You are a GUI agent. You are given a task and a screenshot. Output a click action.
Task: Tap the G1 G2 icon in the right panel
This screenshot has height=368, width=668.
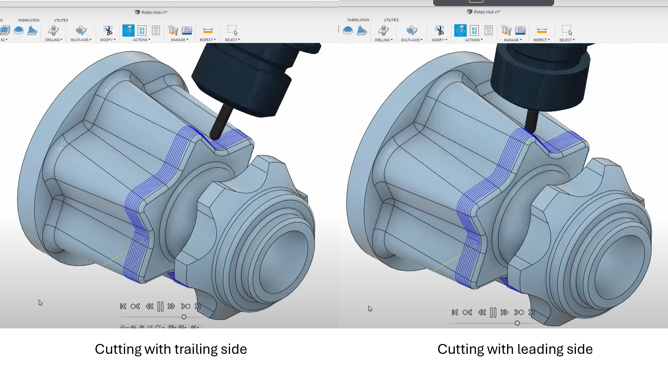(x=474, y=30)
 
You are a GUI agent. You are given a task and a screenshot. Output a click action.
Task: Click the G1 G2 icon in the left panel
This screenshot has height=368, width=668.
(x=142, y=30)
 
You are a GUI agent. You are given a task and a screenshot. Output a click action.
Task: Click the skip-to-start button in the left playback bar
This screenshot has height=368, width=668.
(x=123, y=306)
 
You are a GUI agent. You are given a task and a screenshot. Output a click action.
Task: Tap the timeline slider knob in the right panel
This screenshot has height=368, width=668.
(x=517, y=323)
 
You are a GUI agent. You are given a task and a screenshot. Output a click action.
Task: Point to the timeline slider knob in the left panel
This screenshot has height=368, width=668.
(x=184, y=317)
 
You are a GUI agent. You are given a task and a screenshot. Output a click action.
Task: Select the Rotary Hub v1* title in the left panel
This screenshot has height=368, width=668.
(x=154, y=12)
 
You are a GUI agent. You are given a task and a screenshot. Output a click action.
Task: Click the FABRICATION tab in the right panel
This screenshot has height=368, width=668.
(x=358, y=20)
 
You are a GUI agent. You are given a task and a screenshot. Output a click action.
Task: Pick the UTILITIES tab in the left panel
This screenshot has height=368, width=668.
(x=61, y=20)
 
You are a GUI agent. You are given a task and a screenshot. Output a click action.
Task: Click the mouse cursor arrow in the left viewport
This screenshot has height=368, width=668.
(x=40, y=303)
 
